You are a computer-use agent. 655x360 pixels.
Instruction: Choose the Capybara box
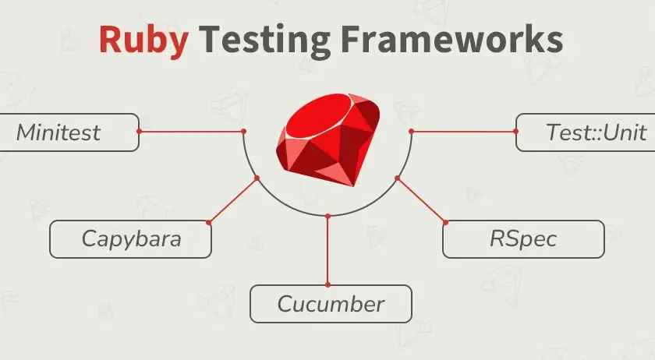click(x=131, y=238)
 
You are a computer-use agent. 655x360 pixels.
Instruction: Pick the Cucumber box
click(x=331, y=304)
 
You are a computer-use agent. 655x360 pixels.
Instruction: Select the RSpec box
click(x=523, y=238)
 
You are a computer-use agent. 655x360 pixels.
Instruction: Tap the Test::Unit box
click(x=586, y=132)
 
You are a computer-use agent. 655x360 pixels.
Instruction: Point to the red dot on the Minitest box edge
click(x=139, y=131)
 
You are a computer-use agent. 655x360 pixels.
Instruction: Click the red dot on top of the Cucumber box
click(x=327, y=285)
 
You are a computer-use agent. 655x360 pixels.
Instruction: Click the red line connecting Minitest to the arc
click(x=191, y=131)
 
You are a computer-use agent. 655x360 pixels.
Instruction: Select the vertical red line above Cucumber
click(x=327, y=249)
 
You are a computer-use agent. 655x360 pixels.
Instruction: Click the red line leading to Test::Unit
click(x=463, y=131)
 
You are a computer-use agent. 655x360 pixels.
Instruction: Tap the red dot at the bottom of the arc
click(x=327, y=215)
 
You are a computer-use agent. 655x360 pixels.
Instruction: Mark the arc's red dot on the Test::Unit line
click(x=411, y=131)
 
